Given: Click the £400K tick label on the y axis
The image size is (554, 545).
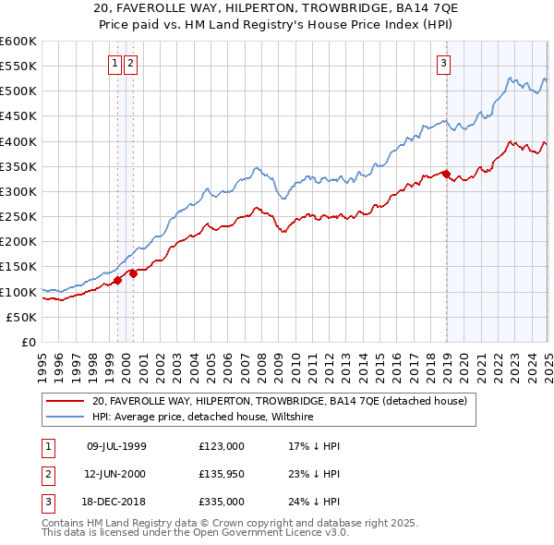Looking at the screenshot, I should (19, 141).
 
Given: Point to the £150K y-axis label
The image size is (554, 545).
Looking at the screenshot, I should (19, 266).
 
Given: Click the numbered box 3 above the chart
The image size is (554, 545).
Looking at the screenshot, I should (443, 64).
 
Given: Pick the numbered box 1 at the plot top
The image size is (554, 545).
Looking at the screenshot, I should (114, 64).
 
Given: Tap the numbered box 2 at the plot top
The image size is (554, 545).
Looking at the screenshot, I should (130, 64).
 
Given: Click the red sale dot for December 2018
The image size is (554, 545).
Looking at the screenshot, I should (446, 174).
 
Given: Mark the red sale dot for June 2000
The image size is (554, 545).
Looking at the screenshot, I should (133, 272).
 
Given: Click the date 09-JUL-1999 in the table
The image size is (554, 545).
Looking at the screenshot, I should (116, 446).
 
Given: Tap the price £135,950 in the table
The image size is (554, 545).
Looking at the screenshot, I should (222, 473).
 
